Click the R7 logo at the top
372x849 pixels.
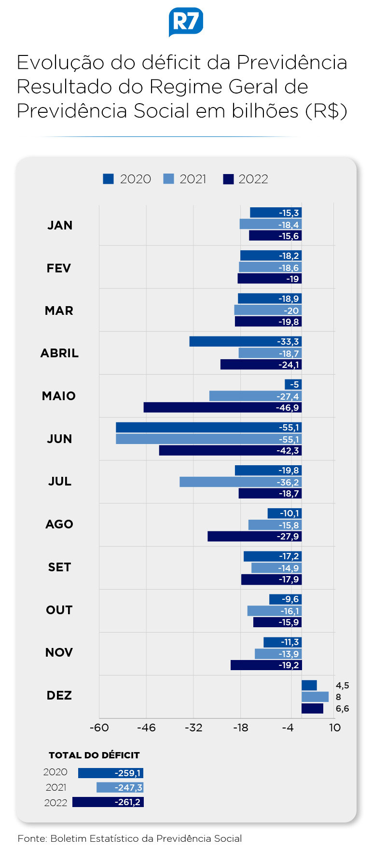pos(186,22)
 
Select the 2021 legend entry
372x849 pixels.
pos(185,179)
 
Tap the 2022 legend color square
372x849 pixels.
pos(228,179)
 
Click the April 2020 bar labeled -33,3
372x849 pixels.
pos(246,341)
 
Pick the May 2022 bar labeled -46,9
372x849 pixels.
pos(223,407)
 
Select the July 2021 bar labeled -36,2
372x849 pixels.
pos(241,482)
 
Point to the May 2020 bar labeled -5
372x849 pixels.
pos(293,384)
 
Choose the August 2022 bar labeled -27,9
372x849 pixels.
pos(255,536)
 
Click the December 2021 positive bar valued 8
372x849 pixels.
pos(315,697)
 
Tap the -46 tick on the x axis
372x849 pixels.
pos(146,728)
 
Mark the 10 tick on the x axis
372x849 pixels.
pos(335,728)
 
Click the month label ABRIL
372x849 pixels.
pos(59,353)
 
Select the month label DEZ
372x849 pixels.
pos(59,695)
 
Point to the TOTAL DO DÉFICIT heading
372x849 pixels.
pos(94,755)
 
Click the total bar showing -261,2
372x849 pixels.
pos(108,802)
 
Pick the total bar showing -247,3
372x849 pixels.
pos(120,787)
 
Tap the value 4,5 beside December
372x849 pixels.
pos(343,686)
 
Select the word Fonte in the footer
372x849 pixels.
pos(32,838)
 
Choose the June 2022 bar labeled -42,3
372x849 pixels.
pos(231,450)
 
